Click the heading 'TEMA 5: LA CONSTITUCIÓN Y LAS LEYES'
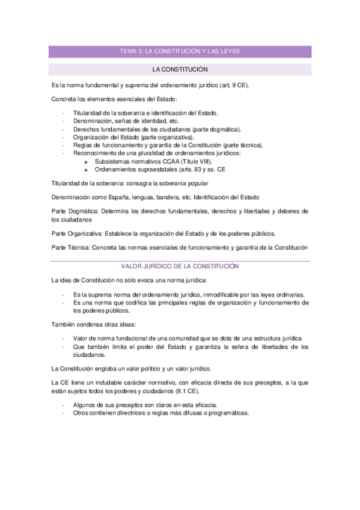click(x=180, y=52)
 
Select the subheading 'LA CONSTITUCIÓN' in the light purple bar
click(x=180, y=70)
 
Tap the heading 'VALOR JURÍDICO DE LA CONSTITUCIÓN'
click(x=180, y=266)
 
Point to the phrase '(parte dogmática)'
click(x=216, y=129)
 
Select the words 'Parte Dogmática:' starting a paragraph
click(x=75, y=211)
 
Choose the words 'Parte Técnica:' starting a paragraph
click(x=71, y=247)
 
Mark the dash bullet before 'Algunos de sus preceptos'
click(x=64, y=405)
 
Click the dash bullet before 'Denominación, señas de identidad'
click(x=64, y=121)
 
